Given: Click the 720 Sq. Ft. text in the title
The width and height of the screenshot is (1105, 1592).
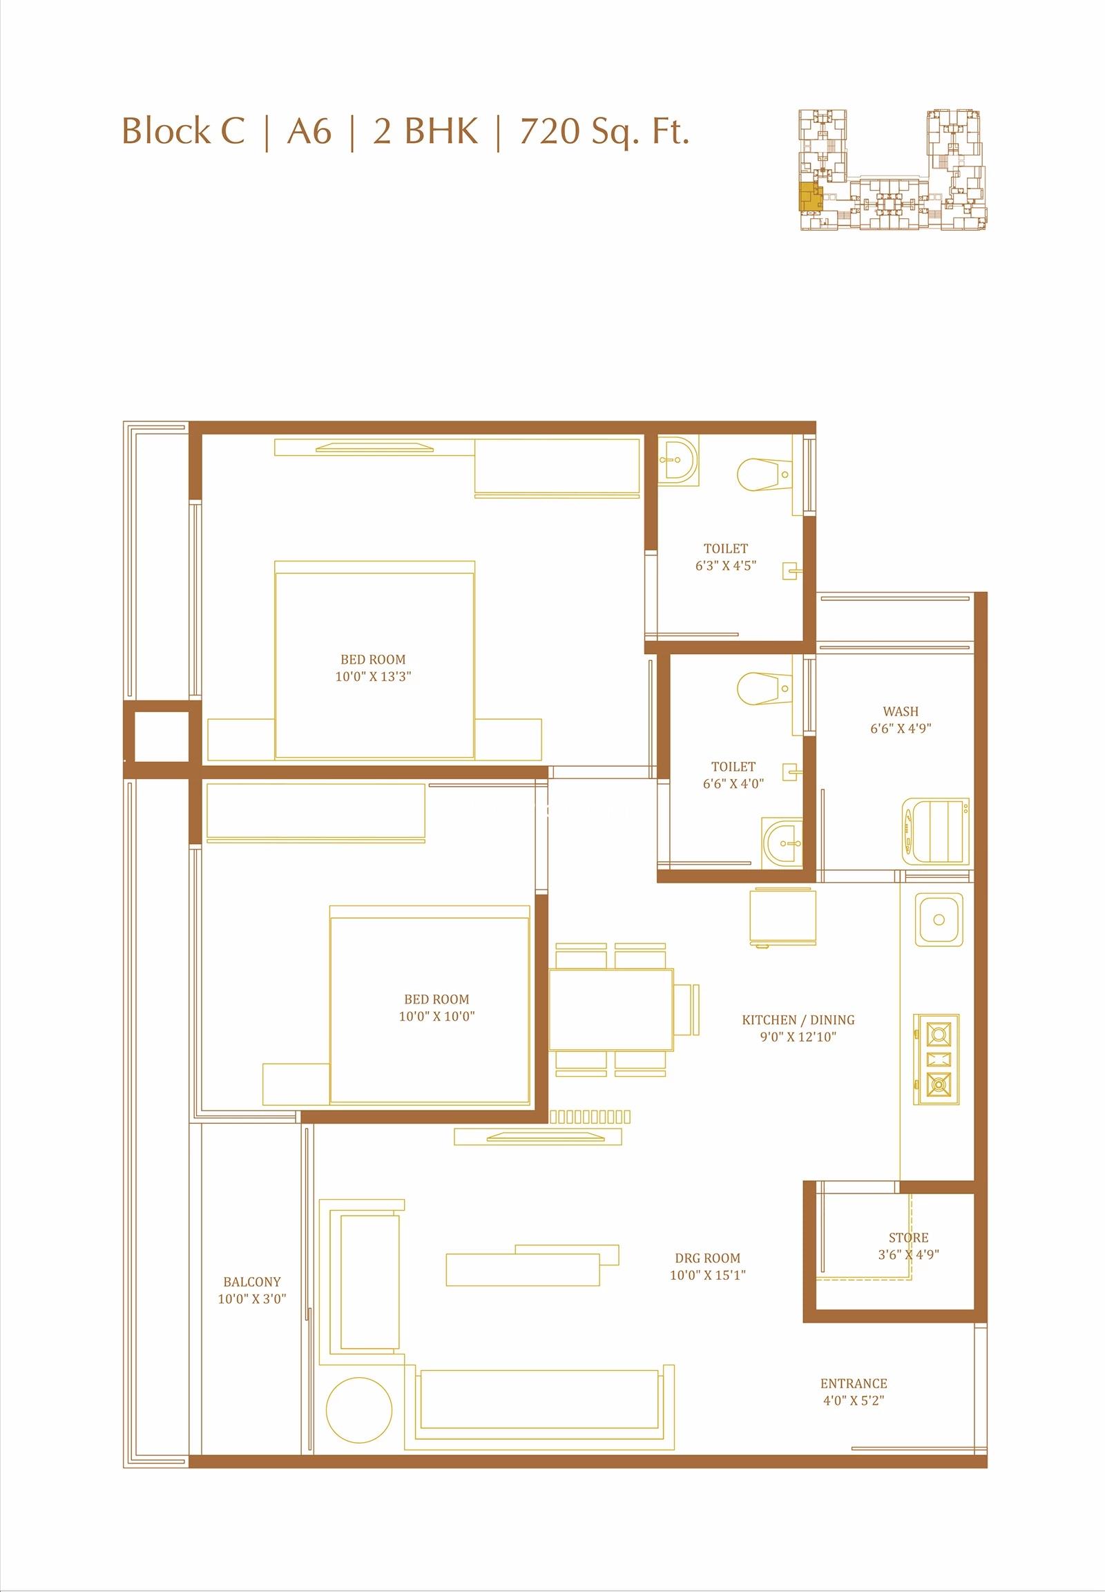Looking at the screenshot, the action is pyautogui.click(x=604, y=131).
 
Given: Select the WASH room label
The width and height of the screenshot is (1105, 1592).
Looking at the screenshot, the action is pyautogui.click(x=901, y=711).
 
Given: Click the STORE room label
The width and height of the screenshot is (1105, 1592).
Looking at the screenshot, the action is pyautogui.click(x=908, y=1238).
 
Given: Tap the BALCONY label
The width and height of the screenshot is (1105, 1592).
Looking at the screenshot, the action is pyautogui.click(x=252, y=1283).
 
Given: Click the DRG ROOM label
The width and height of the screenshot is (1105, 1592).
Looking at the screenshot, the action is pyautogui.click(x=708, y=1258).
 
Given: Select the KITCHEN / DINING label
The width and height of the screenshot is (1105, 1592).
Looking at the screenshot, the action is pyautogui.click(x=798, y=1020).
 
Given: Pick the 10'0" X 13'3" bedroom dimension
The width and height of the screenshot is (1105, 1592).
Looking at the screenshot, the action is pyautogui.click(x=374, y=677).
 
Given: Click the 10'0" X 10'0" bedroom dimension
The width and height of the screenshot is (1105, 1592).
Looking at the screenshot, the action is pyautogui.click(x=437, y=1017).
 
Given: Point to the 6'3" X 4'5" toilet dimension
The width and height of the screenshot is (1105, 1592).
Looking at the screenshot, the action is pyautogui.click(x=726, y=565).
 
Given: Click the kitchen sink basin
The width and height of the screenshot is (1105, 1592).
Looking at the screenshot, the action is pyautogui.click(x=939, y=919).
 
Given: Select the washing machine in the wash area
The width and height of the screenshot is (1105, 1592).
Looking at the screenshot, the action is pyautogui.click(x=936, y=831).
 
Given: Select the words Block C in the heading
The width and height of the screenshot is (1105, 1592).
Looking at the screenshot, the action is pyautogui.click(x=184, y=131).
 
